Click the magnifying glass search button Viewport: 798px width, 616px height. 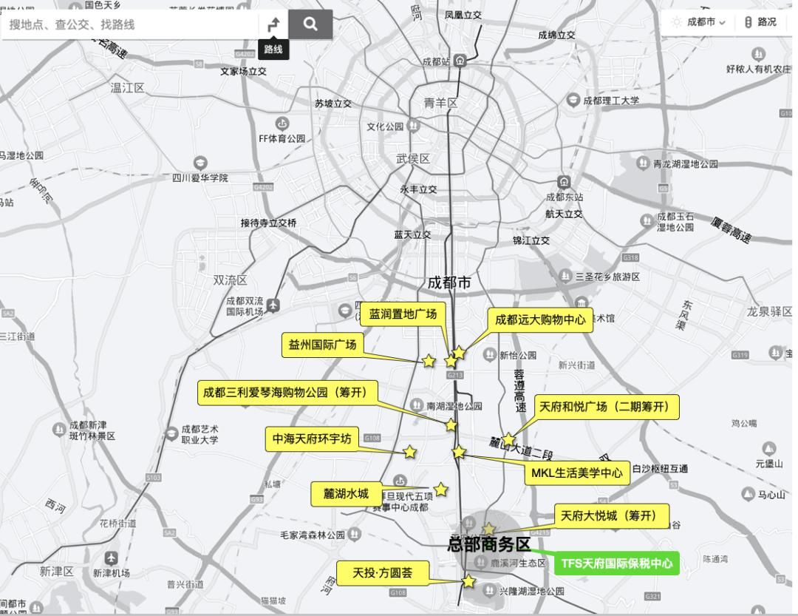point(310,24)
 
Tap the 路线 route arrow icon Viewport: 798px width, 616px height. point(273,24)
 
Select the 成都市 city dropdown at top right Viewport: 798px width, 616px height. point(701,22)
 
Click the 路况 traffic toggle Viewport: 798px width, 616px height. point(760,22)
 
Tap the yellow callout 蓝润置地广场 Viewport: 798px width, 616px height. point(403,314)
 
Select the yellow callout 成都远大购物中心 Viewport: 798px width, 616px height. point(540,320)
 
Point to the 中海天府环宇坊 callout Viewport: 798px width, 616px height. point(312,439)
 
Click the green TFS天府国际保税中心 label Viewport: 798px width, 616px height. point(617,563)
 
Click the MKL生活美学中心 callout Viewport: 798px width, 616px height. point(577,473)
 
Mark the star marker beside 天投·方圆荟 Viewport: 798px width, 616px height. point(468,581)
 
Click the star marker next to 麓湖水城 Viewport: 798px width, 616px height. point(441,489)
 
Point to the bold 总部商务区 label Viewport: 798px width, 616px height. point(489,545)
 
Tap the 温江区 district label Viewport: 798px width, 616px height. point(127,87)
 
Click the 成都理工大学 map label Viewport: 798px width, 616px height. point(610,100)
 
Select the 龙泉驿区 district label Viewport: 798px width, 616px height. point(769,311)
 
